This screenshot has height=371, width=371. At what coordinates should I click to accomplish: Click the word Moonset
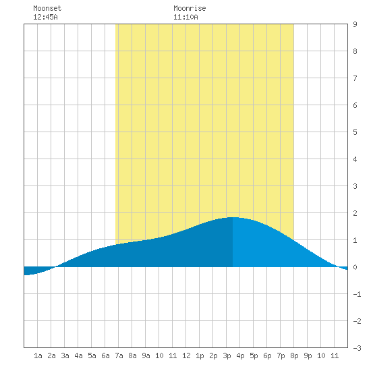tap(47, 8)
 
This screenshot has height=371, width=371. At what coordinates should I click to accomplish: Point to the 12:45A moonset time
tap(45, 17)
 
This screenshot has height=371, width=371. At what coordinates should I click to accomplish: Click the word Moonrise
tap(190, 8)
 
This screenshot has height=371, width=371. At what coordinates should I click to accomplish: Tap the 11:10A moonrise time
tap(185, 17)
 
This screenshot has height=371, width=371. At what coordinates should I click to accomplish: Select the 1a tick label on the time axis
tap(38, 355)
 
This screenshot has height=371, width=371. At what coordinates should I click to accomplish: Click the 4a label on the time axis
tap(78, 355)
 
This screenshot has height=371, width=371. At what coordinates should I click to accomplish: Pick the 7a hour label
tap(119, 355)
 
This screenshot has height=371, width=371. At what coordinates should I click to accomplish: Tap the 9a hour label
tap(146, 355)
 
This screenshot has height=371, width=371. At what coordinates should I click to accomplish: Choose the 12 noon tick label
tap(186, 355)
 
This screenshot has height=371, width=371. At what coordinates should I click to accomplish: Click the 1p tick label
tap(200, 355)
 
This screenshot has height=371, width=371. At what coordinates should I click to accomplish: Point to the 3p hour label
tap(227, 355)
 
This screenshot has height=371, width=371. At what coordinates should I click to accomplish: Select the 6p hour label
tap(267, 355)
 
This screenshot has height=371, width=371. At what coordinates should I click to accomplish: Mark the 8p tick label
tap(294, 355)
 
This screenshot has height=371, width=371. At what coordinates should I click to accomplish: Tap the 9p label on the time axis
tap(308, 355)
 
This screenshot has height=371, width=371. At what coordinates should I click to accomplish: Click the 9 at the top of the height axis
tap(355, 24)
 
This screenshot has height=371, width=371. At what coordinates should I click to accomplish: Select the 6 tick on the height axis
tap(355, 105)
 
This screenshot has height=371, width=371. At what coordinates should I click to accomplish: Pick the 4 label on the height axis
tap(355, 159)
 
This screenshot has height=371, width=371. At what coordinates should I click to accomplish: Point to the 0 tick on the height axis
tap(355, 267)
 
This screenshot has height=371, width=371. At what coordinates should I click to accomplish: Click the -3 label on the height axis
tap(357, 348)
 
